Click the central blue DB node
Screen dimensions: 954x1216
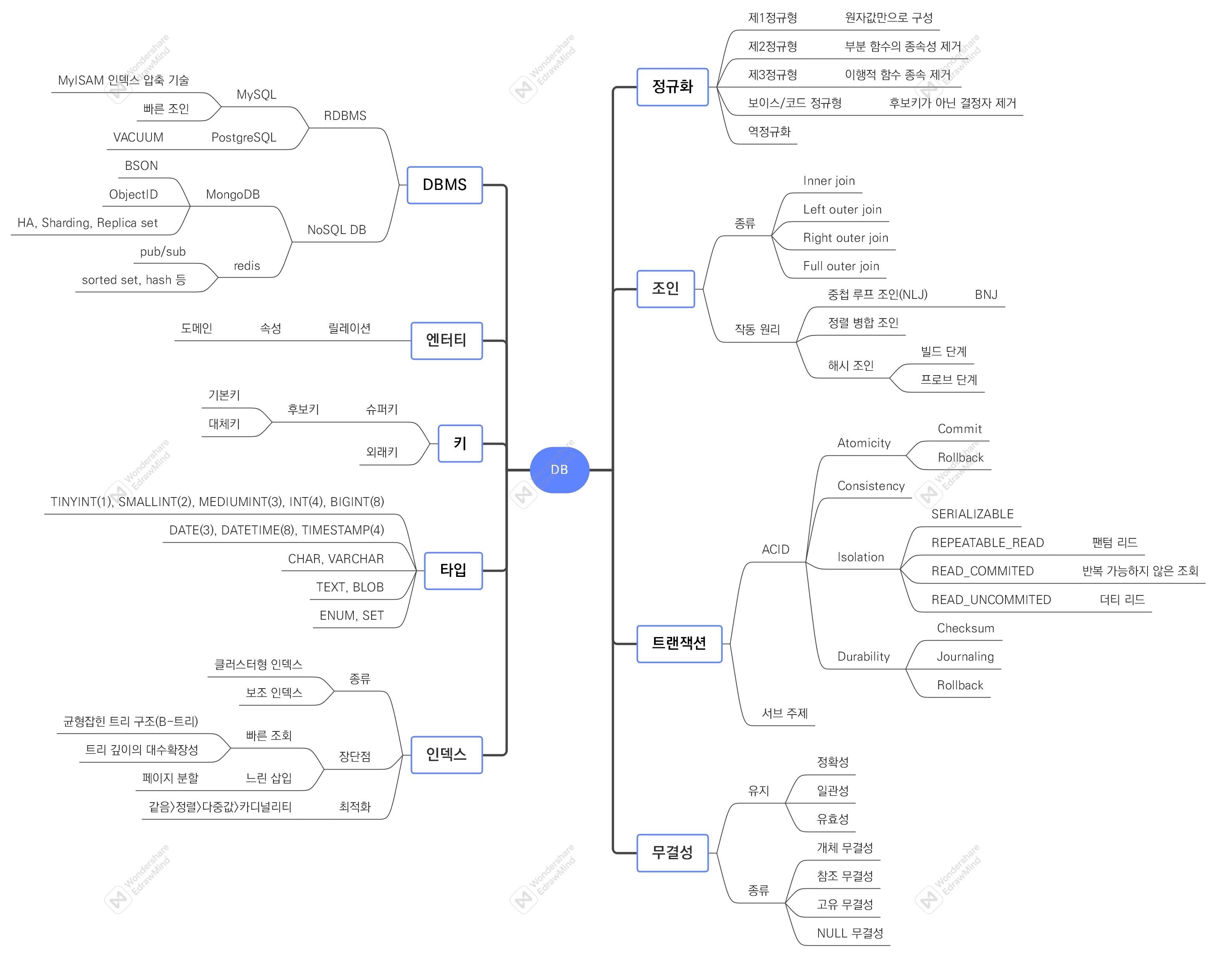559,470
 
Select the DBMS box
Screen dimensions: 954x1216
444,185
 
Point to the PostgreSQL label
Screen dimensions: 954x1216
244,137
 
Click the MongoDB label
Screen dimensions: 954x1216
233,194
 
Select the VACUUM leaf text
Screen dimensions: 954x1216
138,137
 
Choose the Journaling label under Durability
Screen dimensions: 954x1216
965,657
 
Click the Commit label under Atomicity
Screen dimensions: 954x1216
959,429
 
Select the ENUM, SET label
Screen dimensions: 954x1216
351,615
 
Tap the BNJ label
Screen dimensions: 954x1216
986,295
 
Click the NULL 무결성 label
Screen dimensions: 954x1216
849,933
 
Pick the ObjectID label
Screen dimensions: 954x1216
133,194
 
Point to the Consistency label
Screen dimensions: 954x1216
870,486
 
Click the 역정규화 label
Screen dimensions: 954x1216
769,132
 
